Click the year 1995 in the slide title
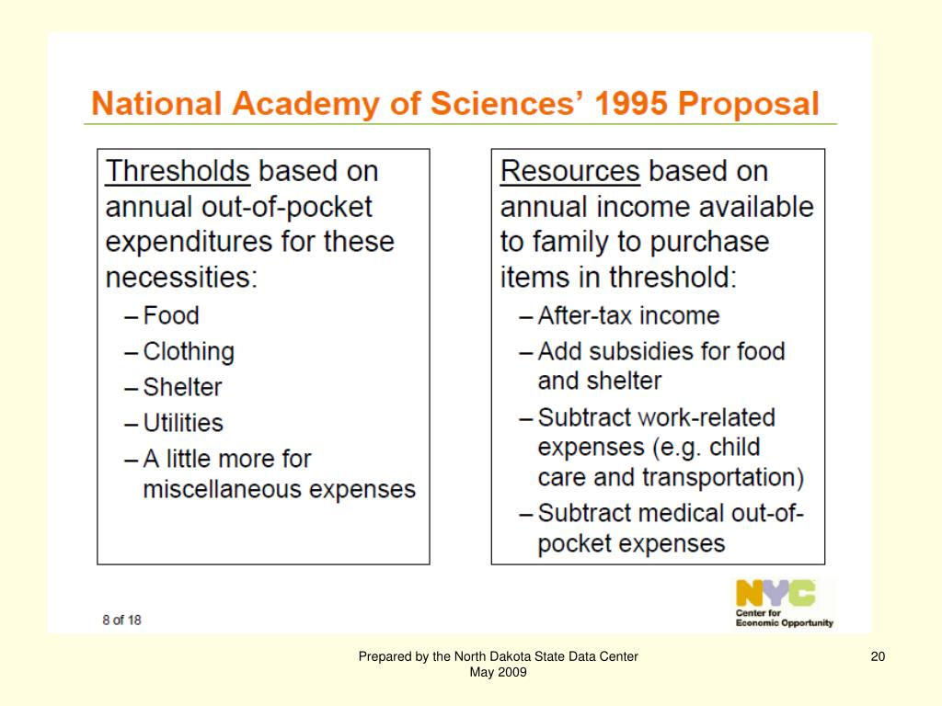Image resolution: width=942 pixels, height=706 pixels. pyautogui.click(x=631, y=103)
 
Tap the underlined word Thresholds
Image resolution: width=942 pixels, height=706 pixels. pyautogui.click(x=178, y=171)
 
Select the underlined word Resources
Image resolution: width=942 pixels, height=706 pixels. pyautogui.click(x=569, y=171)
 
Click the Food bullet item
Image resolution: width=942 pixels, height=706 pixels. pyautogui.click(x=171, y=315)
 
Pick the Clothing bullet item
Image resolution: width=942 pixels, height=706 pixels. pyautogui.click(x=189, y=351)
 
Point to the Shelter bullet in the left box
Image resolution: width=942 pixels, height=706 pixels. pyautogui.click(x=182, y=387)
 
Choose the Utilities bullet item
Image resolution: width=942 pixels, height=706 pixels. pyautogui.click(x=183, y=423)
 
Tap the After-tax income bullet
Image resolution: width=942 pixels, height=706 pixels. pyautogui.click(x=628, y=315)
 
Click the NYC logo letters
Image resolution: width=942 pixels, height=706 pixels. pyautogui.click(x=775, y=593)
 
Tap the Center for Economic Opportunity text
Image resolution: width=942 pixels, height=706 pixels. pyautogui.click(x=784, y=617)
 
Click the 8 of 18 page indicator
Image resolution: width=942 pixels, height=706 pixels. pyautogui.click(x=121, y=620)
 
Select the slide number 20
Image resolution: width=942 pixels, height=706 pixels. pyautogui.click(x=877, y=656)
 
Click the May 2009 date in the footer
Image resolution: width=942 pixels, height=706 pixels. pyautogui.click(x=498, y=672)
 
